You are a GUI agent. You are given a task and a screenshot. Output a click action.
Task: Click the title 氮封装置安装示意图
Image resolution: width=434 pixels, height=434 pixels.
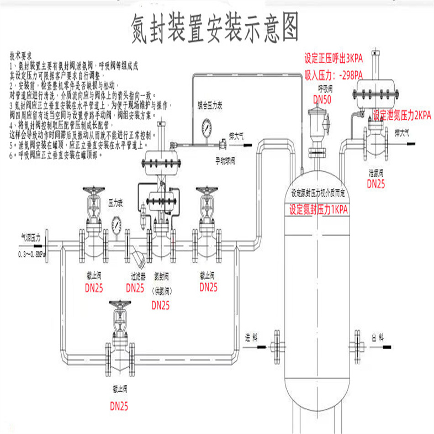point(217,25)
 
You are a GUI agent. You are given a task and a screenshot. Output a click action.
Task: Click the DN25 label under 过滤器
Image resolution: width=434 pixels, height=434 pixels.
point(135,288)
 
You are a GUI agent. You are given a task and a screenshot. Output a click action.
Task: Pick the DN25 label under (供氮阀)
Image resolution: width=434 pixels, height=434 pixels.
point(161,305)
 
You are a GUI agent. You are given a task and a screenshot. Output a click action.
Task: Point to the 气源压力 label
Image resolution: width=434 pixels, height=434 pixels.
point(31,236)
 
